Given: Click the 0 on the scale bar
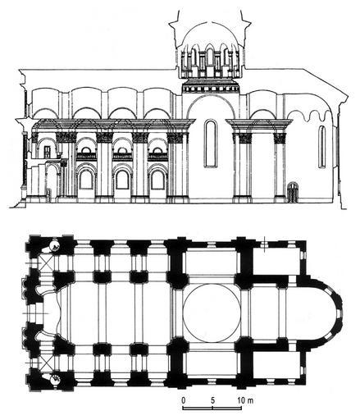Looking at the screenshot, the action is tap(184, 400).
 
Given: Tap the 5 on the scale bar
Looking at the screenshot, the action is tap(213, 400).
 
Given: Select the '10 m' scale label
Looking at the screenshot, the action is tap(245, 400).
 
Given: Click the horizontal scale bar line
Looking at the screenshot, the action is tap(212, 409).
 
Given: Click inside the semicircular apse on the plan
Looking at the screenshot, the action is tap(320, 313).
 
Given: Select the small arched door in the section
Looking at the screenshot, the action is tap(292, 192).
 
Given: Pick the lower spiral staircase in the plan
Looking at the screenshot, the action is tap(55, 379).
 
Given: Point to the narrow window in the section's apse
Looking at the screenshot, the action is tap(322, 147).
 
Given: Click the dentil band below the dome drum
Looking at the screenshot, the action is tap(211, 89).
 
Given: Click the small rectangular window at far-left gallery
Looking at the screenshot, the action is tap(48, 152).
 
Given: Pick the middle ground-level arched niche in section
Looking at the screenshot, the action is tap(122, 180).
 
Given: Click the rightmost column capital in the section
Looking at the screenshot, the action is tap(280, 139).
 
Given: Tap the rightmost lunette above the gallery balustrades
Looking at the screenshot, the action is tap(157, 150).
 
